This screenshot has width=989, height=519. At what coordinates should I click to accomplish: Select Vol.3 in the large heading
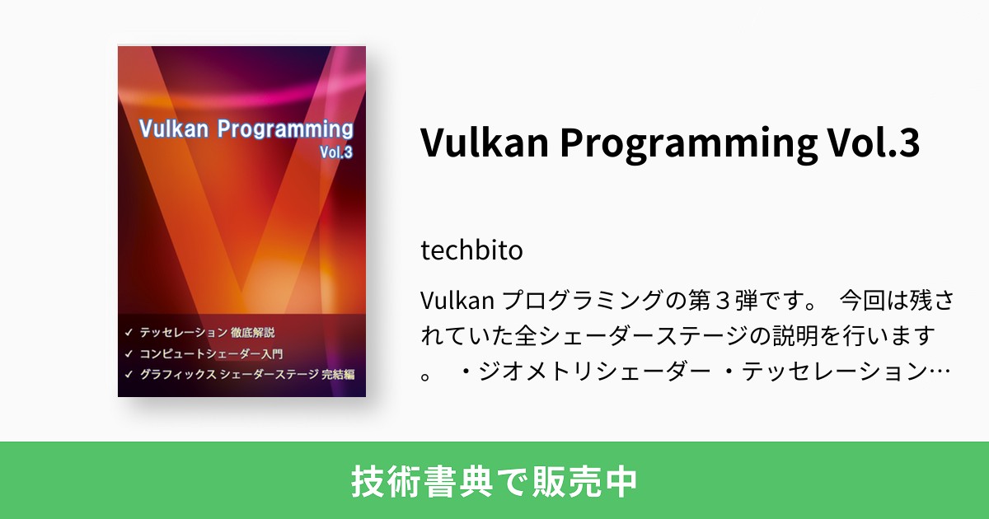pos(877,143)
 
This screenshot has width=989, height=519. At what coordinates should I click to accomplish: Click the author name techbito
pos(471,250)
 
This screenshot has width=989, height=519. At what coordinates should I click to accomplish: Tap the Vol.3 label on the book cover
pos(335,152)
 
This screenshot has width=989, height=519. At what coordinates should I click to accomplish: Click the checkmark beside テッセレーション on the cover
pos(129,333)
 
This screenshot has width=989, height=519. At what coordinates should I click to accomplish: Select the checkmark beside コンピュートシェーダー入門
pos(129,354)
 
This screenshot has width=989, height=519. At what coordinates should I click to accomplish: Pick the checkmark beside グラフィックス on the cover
pos(129,375)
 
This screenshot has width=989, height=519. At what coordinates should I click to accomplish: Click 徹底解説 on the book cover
pos(252,333)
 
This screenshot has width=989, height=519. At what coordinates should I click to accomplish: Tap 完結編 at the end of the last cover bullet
pos(338,375)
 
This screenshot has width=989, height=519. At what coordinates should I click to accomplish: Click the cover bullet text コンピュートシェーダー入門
pos(211,354)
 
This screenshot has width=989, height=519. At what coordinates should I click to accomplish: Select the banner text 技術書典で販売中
pos(494,481)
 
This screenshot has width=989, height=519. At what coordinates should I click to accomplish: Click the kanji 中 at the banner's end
pos(622,481)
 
